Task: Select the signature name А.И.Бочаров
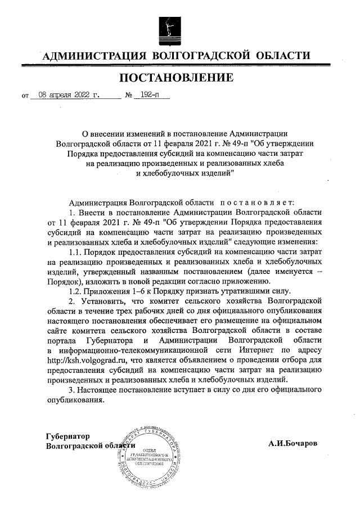coord(292,443)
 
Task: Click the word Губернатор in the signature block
coord(68,436)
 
